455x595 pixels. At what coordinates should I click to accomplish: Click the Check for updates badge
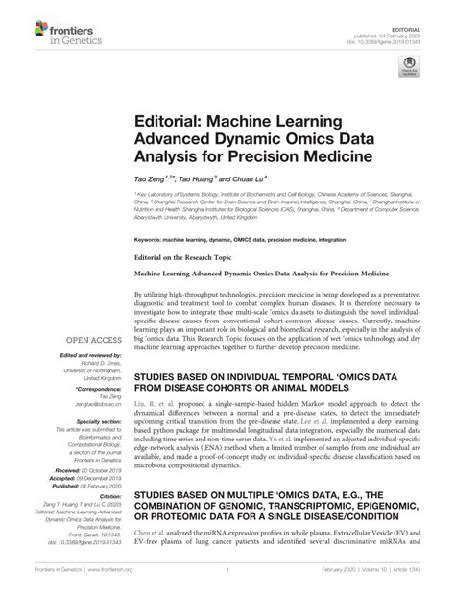point(411,69)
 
